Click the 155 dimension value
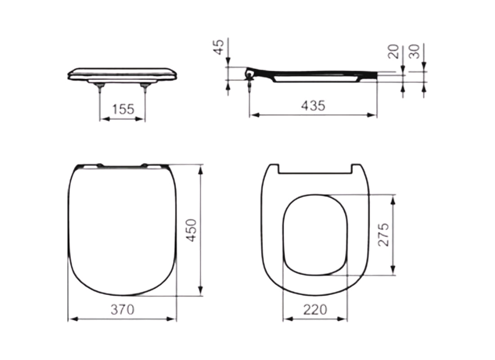coord(122,109)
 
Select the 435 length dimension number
coord(313,106)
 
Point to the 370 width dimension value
coord(122,310)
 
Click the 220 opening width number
coord(315,310)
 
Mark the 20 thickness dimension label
coord(394,51)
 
